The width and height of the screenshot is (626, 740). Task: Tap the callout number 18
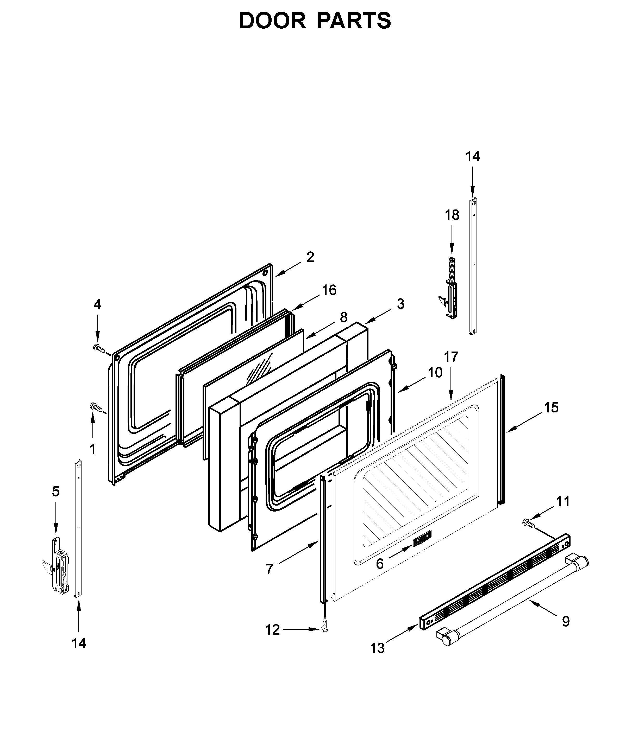pos(452,215)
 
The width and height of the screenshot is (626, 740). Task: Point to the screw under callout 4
pos(99,348)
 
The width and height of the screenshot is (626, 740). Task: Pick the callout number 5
pos(56,492)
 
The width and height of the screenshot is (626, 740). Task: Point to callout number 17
pos(451,357)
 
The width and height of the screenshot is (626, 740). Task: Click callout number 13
pos(377,648)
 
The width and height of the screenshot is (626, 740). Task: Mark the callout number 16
pos(329,290)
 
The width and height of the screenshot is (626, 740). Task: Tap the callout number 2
pos(310,257)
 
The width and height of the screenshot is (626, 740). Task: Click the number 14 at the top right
pos(473,156)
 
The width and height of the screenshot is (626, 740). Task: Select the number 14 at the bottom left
pos(79,643)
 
